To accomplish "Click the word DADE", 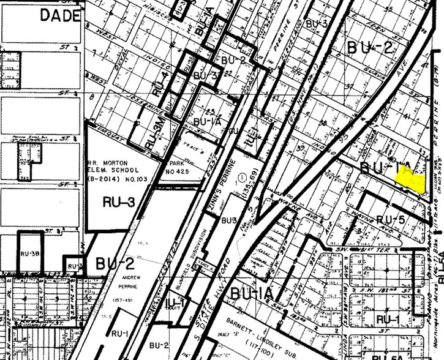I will [61, 16].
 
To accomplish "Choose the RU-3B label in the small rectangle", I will [29, 253].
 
